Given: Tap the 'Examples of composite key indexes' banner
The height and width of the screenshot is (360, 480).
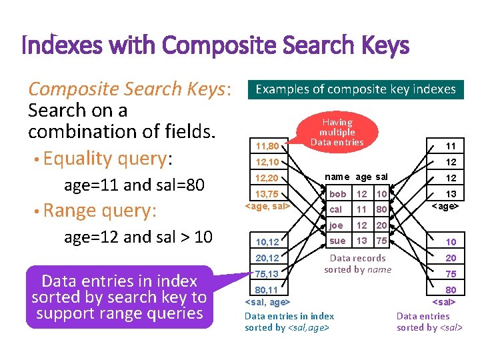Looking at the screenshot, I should point(355,89).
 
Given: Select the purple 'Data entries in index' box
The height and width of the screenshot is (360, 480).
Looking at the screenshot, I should point(119,297).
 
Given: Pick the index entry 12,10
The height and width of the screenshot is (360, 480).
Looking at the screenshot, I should point(267,162).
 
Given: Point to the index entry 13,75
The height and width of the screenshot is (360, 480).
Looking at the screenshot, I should point(267,194).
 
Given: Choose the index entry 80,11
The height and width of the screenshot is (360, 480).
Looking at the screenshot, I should point(267,291).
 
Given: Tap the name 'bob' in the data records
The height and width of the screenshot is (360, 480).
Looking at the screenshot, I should point(338,194).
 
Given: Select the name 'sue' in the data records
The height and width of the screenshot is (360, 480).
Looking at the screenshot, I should point(338,241).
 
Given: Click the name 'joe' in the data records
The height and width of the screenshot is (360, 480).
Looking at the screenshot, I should point(337,225).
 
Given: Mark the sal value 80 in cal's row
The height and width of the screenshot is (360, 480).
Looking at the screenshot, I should point(381,209).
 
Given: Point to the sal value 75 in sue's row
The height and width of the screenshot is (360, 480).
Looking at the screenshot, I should point(381,241).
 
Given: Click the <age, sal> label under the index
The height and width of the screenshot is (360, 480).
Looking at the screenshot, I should point(267,206).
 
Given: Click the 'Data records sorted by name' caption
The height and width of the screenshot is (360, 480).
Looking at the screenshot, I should point(358,264).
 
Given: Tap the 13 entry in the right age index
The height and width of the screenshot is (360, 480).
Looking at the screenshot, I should point(451,194).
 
